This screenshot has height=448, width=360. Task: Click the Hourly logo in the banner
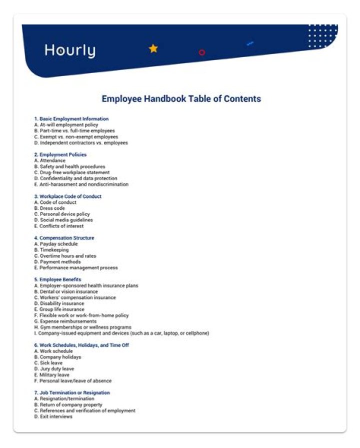69,51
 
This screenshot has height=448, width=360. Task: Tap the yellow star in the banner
153,49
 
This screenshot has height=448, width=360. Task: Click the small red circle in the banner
201,52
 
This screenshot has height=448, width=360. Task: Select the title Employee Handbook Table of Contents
181,99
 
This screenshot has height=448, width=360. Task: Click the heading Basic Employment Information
71,119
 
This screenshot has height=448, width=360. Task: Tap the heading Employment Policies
60,155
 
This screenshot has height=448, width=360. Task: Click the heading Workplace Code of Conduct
67,196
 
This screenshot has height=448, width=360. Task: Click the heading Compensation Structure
64,238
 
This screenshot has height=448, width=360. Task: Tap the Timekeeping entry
52,250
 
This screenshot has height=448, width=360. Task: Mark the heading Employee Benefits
57,279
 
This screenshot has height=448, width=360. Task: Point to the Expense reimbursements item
65,321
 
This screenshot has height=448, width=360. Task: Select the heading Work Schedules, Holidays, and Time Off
81,345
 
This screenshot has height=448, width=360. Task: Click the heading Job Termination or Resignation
72,393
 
